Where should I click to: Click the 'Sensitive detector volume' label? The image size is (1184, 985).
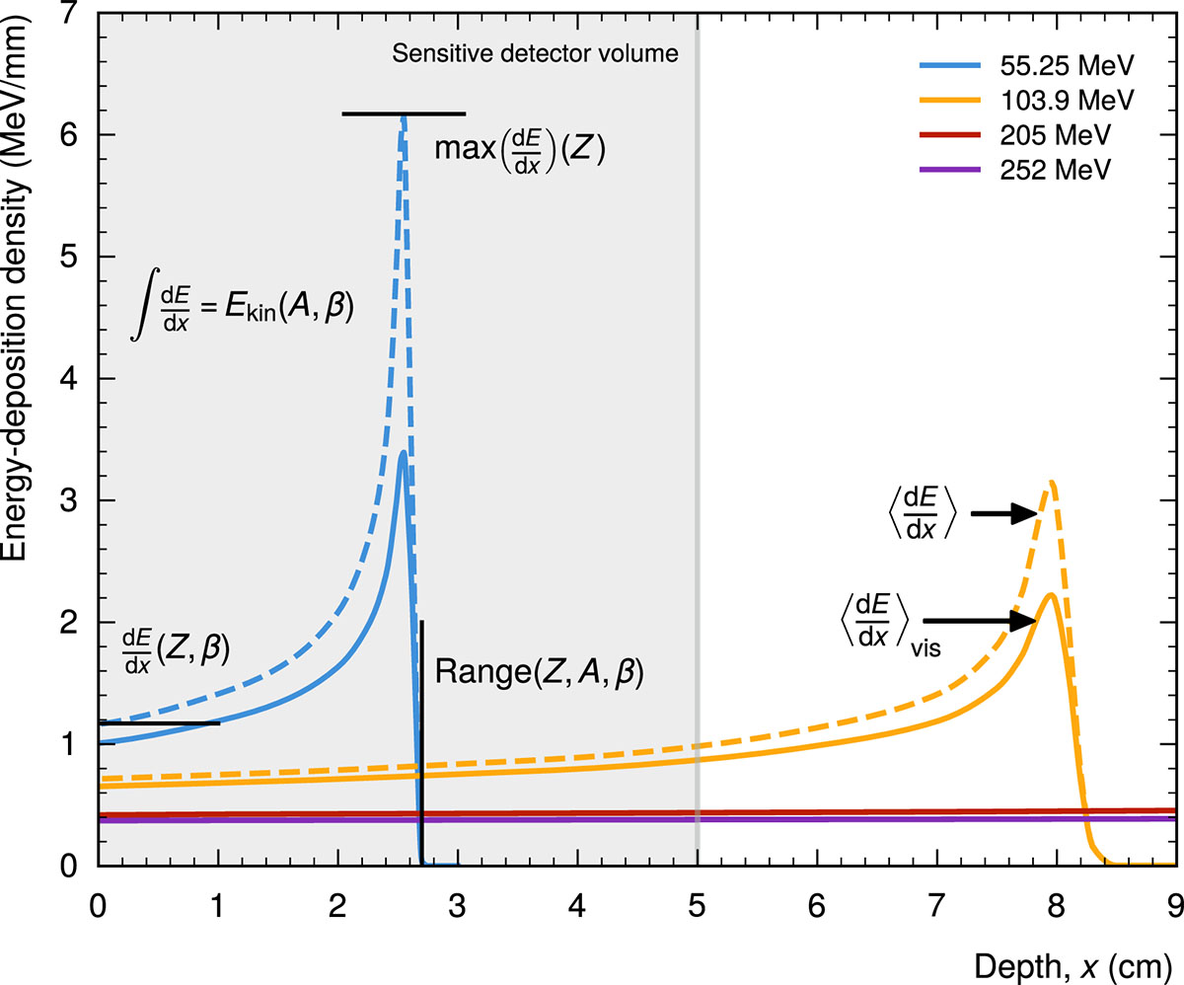(x=536, y=54)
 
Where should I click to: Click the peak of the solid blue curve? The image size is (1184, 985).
(x=403, y=452)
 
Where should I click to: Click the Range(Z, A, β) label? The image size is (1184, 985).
(x=539, y=674)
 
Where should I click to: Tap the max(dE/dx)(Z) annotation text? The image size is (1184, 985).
(x=519, y=151)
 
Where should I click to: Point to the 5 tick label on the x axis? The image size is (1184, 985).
(x=698, y=903)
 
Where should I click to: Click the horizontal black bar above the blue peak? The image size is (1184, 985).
(x=404, y=114)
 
